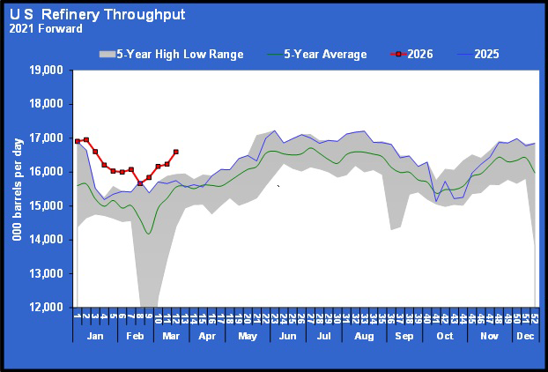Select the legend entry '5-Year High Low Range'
click(173, 55)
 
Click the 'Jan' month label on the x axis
click(96, 337)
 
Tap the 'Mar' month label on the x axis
click(170, 337)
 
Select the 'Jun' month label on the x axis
click(286, 337)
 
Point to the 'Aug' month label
click(362, 337)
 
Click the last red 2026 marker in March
click(176, 152)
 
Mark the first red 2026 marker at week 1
click(77, 141)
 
